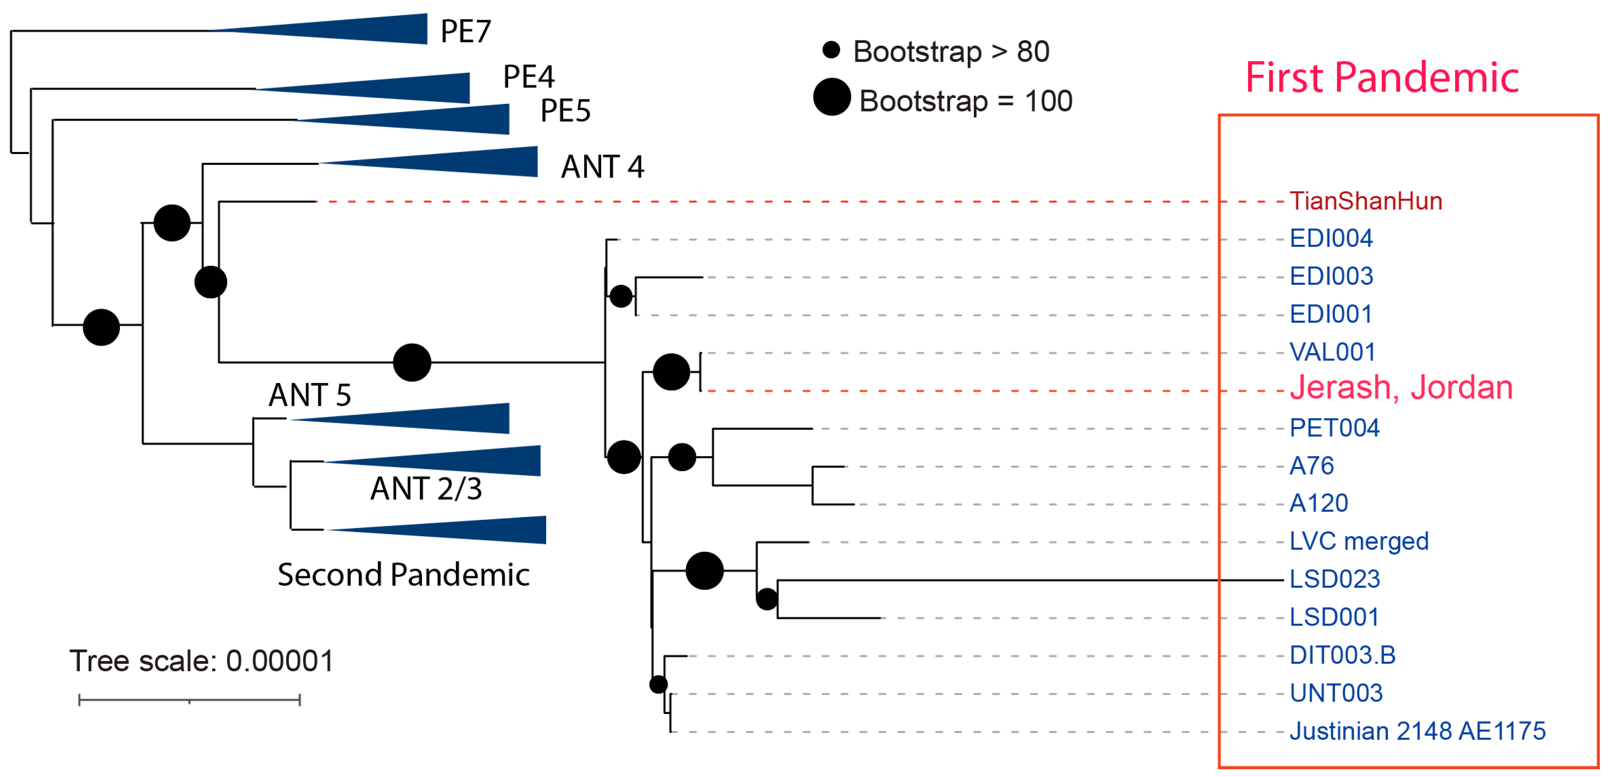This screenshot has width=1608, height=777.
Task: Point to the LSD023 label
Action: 1334,579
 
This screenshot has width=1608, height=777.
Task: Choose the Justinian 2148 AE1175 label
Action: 1417,731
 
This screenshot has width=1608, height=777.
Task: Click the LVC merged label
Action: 1358,541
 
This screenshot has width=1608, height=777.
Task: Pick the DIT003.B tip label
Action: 1342,655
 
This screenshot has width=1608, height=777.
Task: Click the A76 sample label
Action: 1312,466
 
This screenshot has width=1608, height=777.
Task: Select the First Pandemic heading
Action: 1381,78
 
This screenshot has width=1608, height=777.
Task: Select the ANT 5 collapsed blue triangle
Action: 424,418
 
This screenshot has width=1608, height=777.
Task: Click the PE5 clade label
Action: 565,111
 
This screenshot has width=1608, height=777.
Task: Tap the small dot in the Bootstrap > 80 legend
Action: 831,50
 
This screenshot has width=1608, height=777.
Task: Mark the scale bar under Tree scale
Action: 189,700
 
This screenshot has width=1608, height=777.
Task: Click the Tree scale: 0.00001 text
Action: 201,661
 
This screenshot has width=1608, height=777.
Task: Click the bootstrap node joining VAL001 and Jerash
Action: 671,372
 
